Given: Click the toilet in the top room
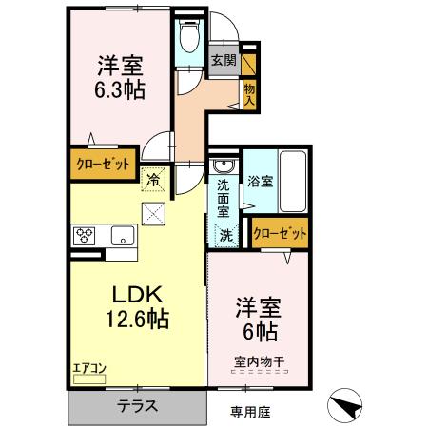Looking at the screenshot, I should pos(186,37).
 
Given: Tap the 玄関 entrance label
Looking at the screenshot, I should pos(224,61).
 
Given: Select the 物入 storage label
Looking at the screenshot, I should pos(249,91).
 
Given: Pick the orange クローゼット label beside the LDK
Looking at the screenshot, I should pos(102,163).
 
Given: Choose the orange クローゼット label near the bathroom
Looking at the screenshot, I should pos(282,232).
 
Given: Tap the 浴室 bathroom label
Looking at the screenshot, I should pos(262,180).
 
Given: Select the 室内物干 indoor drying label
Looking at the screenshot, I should pos(258,361).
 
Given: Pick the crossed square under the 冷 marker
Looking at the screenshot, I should pos(153,212).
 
